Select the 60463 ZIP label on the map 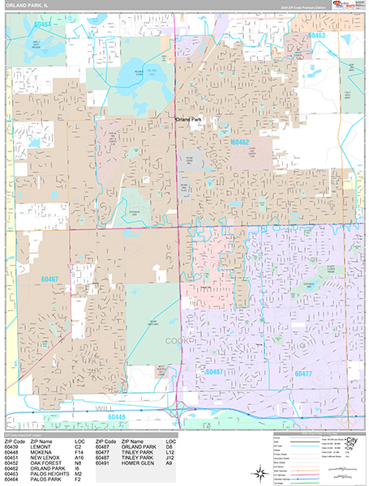(315, 36)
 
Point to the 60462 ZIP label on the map (239, 142)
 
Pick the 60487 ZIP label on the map (215, 372)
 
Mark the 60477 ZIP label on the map (302, 374)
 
